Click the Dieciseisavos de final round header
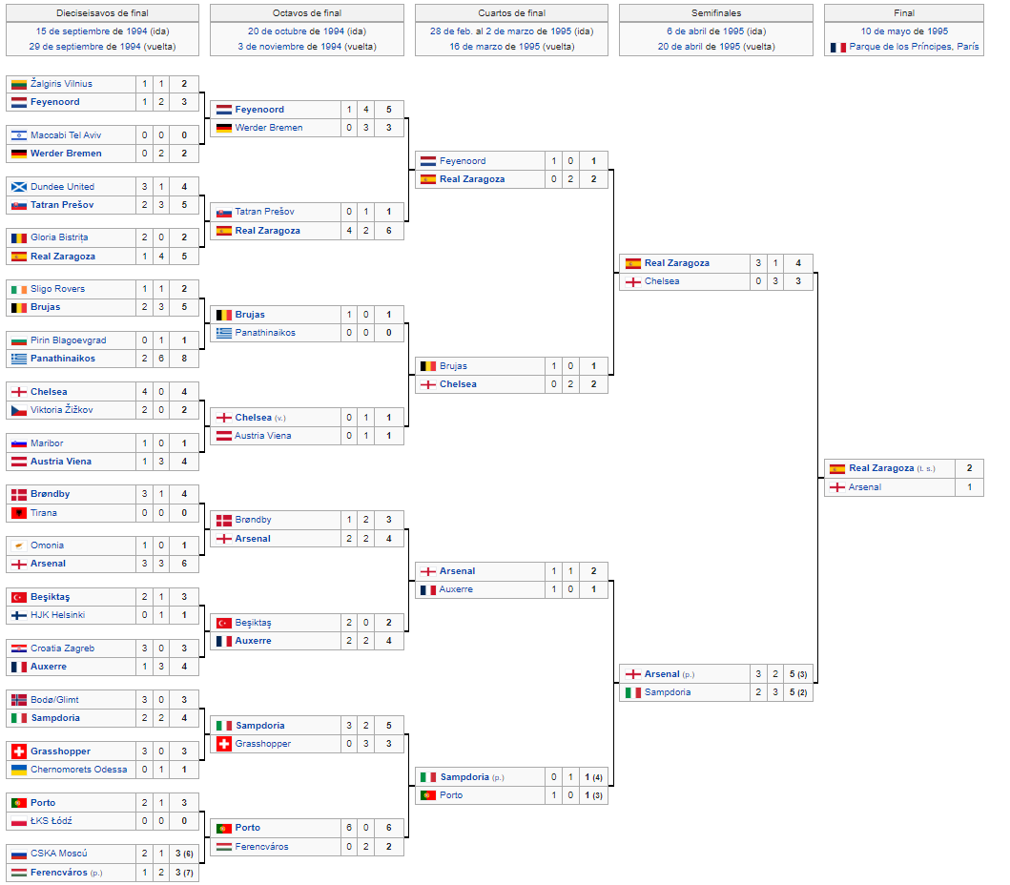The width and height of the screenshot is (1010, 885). (102, 13)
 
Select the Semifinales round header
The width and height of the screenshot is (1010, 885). (716, 13)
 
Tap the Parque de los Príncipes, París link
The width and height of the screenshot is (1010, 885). (914, 47)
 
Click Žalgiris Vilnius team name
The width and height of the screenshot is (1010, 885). (61, 84)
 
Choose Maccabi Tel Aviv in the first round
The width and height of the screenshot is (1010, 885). (66, 135)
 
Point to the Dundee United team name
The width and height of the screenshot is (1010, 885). (63, 187)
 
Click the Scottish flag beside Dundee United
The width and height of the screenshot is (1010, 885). (19, 187)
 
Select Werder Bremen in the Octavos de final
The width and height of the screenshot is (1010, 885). (269, 128)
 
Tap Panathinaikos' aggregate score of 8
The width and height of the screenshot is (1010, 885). (184, 359)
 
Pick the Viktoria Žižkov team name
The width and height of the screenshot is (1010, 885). (62, 410)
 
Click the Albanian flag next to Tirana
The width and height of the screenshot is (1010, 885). (19, 513)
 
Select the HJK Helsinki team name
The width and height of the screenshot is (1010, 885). (58, 615)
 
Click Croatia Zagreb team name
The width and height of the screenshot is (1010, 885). (63, 648)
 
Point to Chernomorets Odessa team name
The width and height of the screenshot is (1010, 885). (78, 769)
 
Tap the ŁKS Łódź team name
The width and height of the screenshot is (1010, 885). (52, 820)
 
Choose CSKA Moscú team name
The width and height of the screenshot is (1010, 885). (58, 854)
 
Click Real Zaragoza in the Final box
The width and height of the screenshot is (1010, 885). (881, 468)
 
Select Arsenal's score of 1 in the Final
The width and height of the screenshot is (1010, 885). (969, 487)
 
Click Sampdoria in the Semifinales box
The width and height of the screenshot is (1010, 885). (668, 691)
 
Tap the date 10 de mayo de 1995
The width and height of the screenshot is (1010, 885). (904, 31)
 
